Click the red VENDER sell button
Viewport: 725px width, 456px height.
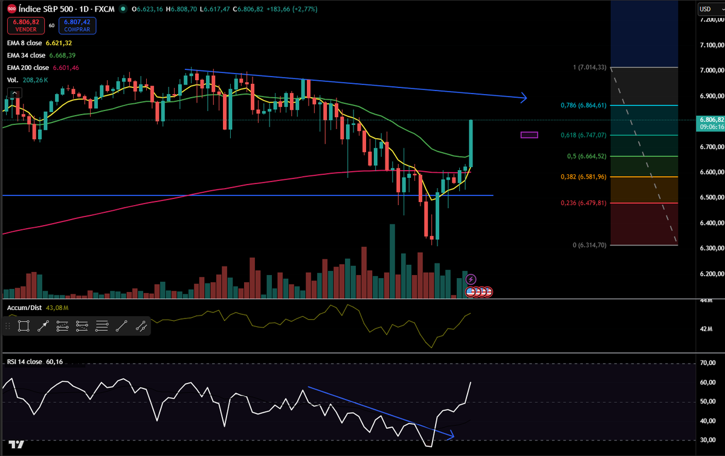pos(24,25)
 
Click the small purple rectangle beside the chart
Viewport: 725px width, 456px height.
pos(529,135)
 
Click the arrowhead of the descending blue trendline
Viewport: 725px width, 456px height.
pos(523,98)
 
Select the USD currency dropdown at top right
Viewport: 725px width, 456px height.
pos(707,8)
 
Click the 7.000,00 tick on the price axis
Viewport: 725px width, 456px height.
pos(710,71)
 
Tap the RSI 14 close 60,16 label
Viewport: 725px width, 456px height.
pos(34,362)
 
